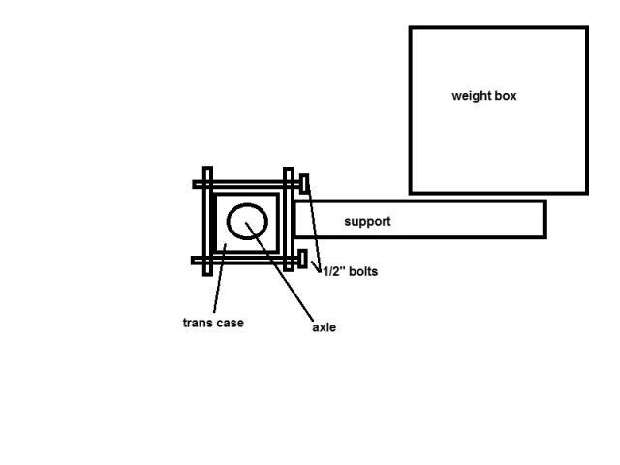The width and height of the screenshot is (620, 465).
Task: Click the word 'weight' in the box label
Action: point(471,96)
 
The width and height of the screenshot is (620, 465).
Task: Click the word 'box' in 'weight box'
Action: point(505,96)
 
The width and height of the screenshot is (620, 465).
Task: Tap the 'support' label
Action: point(368,222)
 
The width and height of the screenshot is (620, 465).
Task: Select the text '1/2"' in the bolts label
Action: point(332,272)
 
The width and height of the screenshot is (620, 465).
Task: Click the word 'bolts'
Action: point(362,272)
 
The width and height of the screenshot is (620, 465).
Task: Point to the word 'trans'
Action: point(198,323)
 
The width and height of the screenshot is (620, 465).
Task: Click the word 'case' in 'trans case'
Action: point(231,323)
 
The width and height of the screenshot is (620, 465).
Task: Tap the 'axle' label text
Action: point(324,328)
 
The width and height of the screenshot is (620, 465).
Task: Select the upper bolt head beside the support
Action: point(304,183)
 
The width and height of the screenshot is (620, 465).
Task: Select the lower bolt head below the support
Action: point(304,260)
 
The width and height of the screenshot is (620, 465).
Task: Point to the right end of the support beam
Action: point(544,219)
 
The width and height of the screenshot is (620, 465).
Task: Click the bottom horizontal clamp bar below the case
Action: point(247,260)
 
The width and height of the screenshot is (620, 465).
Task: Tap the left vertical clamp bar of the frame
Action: point(205,221)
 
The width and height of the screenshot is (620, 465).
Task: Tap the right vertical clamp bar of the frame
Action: point(288,221)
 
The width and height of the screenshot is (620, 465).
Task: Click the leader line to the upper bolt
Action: point(314,228)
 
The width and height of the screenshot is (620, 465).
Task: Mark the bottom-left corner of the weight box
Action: point(411,192)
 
